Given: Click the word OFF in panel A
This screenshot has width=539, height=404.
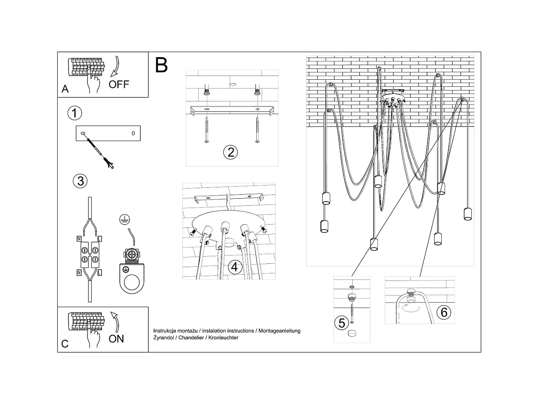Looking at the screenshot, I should (119, 84).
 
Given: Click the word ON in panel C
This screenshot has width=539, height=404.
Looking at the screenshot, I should (116, 338).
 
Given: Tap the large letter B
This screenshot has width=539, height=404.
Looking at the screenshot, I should (161, 66).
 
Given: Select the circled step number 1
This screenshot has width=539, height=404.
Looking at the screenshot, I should (75, 113).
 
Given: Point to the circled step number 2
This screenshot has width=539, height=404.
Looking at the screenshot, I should (230, 152).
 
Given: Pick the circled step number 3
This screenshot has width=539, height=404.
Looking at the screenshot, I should (80, 181).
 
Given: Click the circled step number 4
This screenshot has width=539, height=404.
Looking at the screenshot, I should (235, 267).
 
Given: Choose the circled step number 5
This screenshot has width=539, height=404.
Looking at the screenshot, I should (342, 323).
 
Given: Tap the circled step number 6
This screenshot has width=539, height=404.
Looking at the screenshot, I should (444, 312).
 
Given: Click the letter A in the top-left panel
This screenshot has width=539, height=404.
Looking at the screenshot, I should (65, 89).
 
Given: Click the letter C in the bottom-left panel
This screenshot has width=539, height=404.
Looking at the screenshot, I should (65, 344).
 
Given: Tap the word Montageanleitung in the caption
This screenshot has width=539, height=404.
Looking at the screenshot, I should (279, 331).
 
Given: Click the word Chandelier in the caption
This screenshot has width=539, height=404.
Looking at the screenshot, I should (190, 338).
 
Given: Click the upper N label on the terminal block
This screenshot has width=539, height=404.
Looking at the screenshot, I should (79, 239).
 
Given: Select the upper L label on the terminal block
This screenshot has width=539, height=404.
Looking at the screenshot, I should (99, 239).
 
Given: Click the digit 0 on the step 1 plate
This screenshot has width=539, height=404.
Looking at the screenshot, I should (133, 134).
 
